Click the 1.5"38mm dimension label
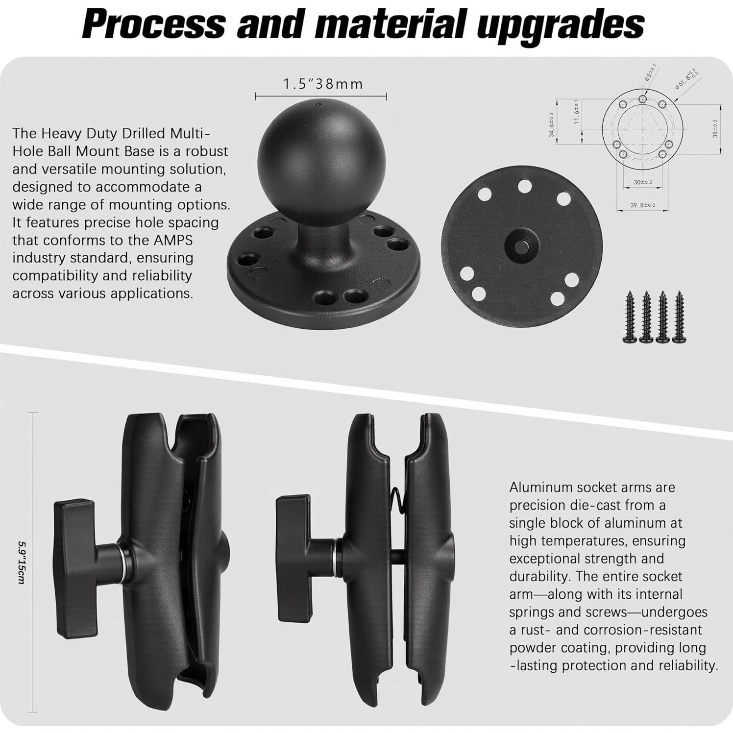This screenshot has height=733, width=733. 323,84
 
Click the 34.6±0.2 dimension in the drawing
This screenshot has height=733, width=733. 551,124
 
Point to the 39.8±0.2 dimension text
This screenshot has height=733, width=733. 643,205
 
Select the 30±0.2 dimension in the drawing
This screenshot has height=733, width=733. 643,182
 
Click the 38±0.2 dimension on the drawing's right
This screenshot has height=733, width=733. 715,128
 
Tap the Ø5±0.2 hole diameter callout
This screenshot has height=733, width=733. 651,72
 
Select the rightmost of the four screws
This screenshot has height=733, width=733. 680,316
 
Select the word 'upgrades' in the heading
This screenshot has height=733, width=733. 561,24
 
